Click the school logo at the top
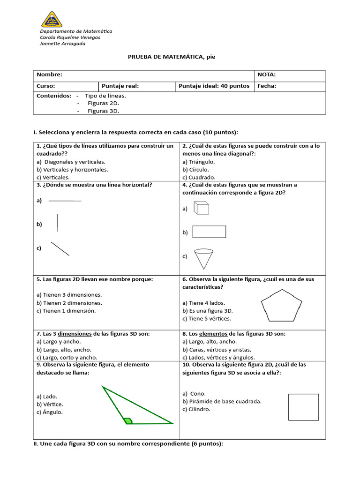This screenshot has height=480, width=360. tap(52, 19)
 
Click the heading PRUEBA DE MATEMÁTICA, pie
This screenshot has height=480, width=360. tap(171, 57)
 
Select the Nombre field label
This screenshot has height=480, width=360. tap(49, 75)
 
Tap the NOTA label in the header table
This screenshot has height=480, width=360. tap(266, 75)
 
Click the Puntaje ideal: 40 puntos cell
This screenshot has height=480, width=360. tap(214, 86)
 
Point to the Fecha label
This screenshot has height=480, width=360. tap(266, 86)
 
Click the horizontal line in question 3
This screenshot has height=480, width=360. tap(65, 201)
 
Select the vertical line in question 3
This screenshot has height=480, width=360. tap(57, 223)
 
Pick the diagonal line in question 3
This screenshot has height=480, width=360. tap(60, 248)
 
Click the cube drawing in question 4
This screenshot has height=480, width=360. tap(202, 208)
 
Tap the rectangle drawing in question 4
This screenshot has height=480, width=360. tap(209, 232)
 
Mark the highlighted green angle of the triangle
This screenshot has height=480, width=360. tap(128, 420)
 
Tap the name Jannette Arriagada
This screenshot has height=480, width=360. tap(62, 44)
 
